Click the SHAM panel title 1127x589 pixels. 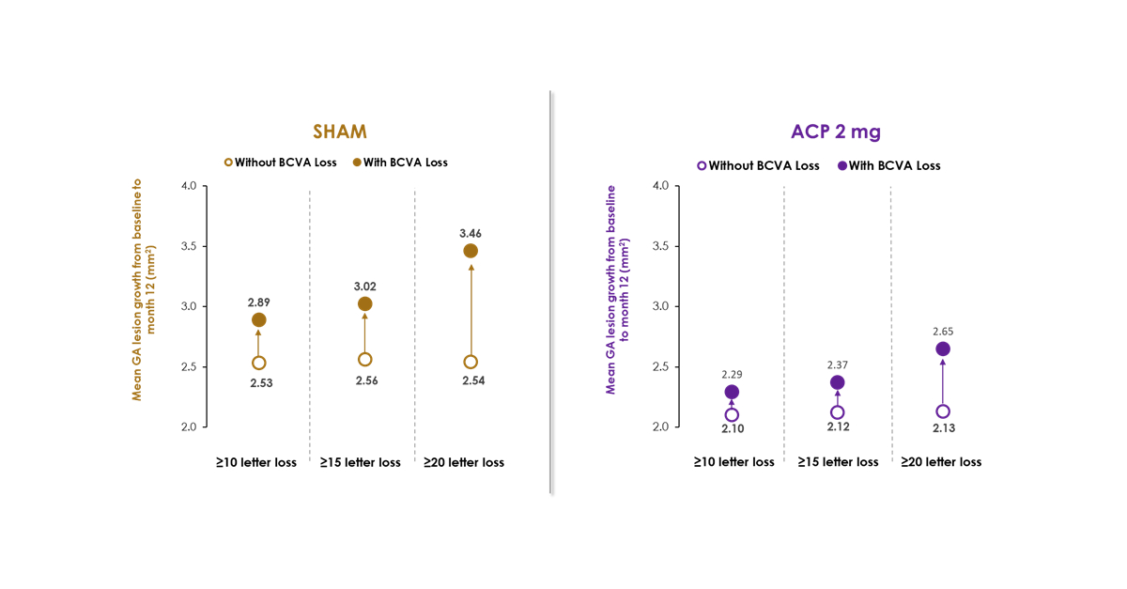[340, 132]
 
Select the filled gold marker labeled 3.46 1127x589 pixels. [471, 251]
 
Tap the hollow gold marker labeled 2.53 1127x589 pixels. [258, 363]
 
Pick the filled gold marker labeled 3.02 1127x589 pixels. [365, 303]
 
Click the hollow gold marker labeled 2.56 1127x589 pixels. [365, 359]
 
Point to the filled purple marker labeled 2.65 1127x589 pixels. [943, 349]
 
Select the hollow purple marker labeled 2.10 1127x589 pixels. [732, 414]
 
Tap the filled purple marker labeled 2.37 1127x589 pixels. [837, 382]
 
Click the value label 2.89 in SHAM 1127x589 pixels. [258, 302]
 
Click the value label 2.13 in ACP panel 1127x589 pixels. [943, 428]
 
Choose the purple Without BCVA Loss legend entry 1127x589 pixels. [758, 165]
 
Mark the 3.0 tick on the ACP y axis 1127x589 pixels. [660, 306]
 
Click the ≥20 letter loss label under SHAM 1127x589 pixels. [464, 462]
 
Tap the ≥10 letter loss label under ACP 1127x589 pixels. [734, 462]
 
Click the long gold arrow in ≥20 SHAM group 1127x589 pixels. [471, 310]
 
